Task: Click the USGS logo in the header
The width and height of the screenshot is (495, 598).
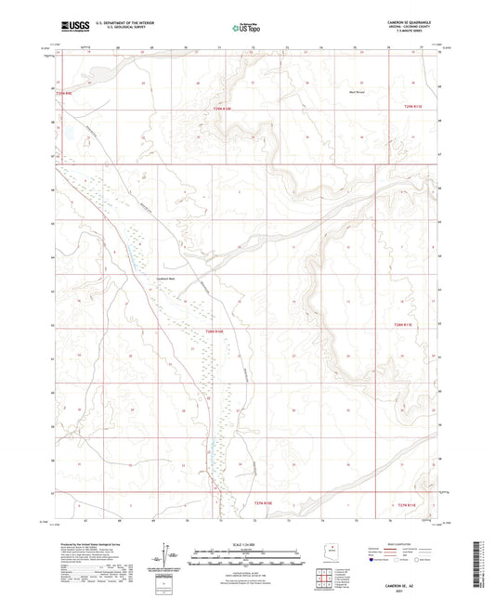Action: (x=73, y=27)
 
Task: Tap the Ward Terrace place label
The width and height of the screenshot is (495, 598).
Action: (x=357, y=92)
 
